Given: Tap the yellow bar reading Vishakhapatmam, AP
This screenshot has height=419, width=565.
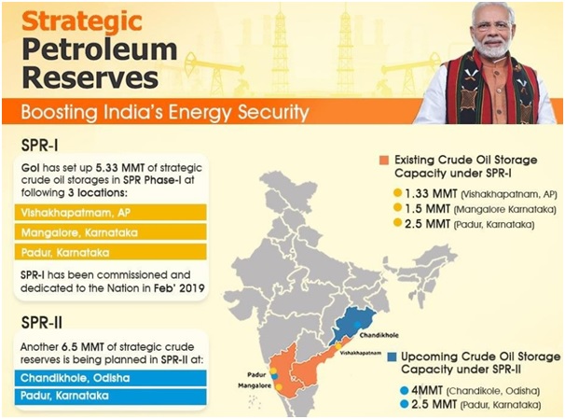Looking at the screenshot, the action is pos(111,213).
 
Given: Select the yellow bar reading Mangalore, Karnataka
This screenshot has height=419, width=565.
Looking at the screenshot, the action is pos(111,232).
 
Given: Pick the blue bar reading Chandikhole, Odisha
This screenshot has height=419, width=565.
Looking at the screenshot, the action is pos(111,378).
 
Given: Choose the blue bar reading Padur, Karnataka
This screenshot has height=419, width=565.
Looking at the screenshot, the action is pos(111,396).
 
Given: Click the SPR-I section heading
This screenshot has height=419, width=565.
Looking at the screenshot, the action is pos(40,146).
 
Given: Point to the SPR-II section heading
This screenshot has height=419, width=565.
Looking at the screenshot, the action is pos(42,322).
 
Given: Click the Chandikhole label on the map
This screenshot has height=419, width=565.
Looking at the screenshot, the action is pos(379,335).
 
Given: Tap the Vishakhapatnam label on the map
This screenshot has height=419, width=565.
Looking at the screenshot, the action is pos(361,353).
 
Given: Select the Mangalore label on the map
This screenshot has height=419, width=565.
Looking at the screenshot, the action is pos(255,385).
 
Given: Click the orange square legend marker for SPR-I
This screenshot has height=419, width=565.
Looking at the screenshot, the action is pos(384,161).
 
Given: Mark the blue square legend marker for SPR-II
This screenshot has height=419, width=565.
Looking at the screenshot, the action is pos(392,357).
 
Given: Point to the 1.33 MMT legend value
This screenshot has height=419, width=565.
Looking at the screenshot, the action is pos(431,194).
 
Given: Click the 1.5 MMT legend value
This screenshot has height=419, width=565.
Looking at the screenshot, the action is pos(427,209).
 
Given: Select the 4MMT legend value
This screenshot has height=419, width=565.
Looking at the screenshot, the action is pos(427,390).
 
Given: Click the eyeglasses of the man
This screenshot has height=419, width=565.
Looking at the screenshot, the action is pos(493,26).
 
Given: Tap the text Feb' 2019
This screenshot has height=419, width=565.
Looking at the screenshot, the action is pos(179,288).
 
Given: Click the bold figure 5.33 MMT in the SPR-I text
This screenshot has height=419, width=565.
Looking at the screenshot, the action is pos(120,168).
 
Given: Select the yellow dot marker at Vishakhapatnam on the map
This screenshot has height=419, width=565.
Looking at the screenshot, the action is pos(338,346).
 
